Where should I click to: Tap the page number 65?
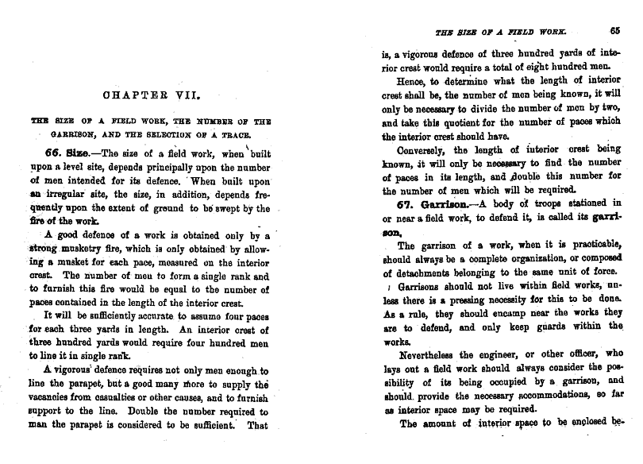click(x=614, y=32)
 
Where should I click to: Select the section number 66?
click(x=63, y=153)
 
